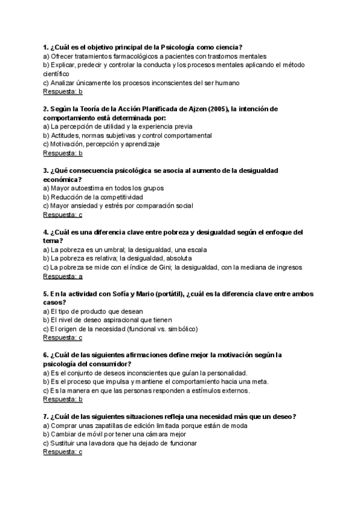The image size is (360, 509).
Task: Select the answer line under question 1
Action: [63, 92]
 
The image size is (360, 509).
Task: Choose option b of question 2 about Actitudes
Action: [127, 136]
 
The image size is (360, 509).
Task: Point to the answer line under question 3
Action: [63, 214]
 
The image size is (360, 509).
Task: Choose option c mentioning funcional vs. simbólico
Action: [121, 329]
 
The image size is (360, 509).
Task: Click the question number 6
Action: [46, 355]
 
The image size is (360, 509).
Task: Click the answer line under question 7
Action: [63, 452]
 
